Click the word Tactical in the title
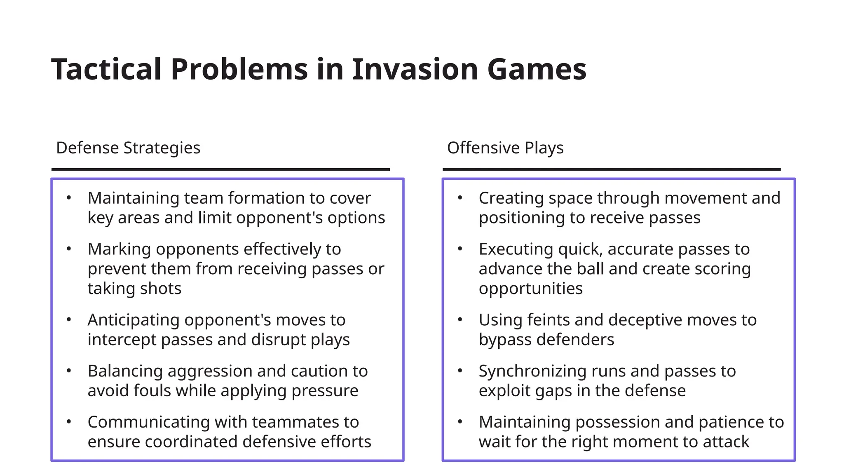[x=106, y=69]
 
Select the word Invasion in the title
[x=415, y=69]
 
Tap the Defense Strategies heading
[x=128, y=148]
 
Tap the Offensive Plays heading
[x=505, y=148]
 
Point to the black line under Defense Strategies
[x=220, y=169]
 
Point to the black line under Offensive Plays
[x=612, y=169]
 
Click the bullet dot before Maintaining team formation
[x=69, y=198]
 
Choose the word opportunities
[x=530, y=288]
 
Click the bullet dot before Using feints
[x=460, y=320]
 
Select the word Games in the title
[x=536, y=69]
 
